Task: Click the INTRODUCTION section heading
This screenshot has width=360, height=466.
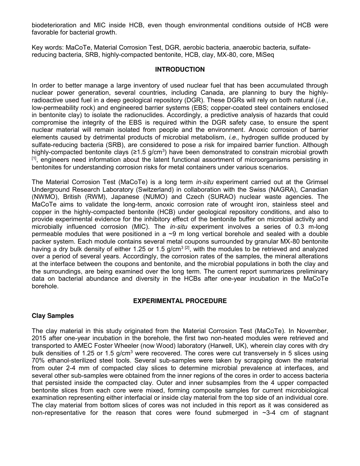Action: [180, 69]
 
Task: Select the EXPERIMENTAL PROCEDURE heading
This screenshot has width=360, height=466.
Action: [180, 301]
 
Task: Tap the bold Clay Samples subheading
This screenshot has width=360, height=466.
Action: [53, 316]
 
